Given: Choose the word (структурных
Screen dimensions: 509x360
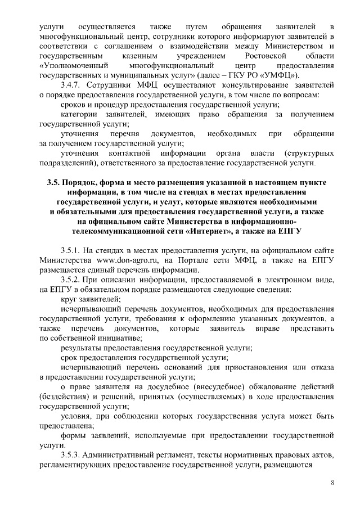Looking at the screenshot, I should [x=309, y=154].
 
